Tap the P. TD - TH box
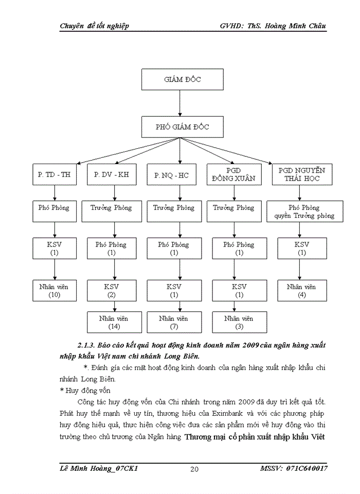(x=54, y=175)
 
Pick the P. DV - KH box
(x=112, y=175)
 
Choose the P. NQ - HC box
(x=171, y=175)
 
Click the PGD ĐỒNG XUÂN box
(x=233, y=175)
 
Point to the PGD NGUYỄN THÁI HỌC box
(x=302, y=175)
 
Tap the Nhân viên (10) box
(x=54, y=291)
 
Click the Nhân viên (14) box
(x=114, y=322)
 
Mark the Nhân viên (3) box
(x=239, y=322)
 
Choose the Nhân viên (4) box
(x=301, y=291)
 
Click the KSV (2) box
(x=112, y=291)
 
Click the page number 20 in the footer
(x=194, y=468)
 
